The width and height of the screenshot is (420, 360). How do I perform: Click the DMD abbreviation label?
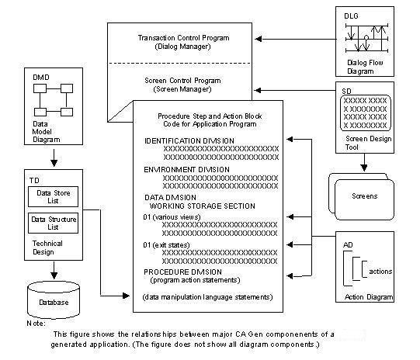pos(40,78)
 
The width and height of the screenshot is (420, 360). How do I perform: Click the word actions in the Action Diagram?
pos(380,271)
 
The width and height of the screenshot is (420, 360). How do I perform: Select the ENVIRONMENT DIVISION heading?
pos(186,168)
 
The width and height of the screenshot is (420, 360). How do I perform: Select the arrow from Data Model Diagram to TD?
pos(54,159)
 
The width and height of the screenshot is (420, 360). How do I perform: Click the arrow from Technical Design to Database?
pos(54,268)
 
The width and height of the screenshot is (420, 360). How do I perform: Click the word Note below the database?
pos(35,321)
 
